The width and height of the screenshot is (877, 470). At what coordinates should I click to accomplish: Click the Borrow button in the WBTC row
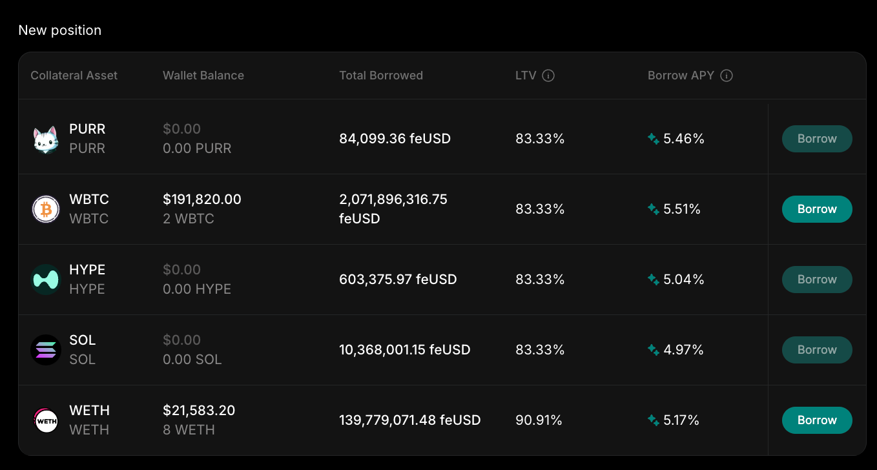click(x=816, y=209)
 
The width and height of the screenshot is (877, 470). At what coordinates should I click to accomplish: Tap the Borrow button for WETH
click(x=816, y=420)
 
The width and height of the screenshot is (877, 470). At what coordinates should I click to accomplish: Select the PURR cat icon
click(x=46, y=139)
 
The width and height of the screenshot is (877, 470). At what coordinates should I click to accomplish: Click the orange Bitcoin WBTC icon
click(x=46, y=210)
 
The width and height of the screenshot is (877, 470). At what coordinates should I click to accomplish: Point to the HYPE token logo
click(x=46, y=280)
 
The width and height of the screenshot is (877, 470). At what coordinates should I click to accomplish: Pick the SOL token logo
click(x=46, y=350)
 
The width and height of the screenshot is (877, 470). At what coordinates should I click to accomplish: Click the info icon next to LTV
click(x=548, y=76)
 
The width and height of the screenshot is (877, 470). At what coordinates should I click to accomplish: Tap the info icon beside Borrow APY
click(x=726, y=76)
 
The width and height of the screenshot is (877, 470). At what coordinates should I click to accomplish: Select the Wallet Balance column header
click(x=203, y=76)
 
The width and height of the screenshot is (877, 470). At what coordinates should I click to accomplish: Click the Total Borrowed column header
click(x=380, y=76)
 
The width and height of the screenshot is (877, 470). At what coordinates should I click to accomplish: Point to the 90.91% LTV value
click(x=539, y=420)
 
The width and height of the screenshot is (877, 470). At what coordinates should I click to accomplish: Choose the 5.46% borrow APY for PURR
click(x=683, y=139)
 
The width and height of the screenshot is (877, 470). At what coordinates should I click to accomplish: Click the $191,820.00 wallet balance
click(x=201, y=199)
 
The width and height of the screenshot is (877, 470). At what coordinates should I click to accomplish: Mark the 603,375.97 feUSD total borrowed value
click(x=398, y=280)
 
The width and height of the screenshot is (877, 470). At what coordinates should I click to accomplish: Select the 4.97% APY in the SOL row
click(x=683, y=350)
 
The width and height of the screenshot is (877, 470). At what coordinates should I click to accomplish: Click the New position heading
click(x=59, y=30)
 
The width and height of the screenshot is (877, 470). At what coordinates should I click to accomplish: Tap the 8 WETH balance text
click(x=189, y=430)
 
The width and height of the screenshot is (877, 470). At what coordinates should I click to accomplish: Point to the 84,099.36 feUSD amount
click(x=395, y=139)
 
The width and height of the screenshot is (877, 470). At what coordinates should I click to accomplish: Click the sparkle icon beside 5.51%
click(x=654, y=209)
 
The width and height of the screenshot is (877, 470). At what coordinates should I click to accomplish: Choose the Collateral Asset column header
click(x=74, y=76)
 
